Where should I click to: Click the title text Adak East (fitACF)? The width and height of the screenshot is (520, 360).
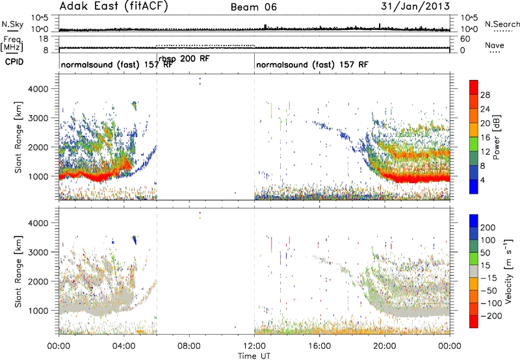(x=114, y=6)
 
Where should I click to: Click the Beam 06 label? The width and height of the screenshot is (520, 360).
(x=253, y=7)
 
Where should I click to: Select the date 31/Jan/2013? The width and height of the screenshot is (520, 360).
(x=415, y=6)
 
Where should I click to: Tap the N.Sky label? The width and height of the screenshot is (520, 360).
(x=12, y=24)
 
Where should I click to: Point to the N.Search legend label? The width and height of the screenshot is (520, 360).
(x=502, y=24)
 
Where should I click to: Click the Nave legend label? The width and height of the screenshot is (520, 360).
(x=495, y=45)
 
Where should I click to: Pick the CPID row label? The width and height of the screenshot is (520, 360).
(x=14, y=62)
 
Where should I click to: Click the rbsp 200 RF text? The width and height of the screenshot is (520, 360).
(x=184, y=58)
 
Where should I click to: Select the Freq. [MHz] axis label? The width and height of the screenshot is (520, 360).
(x=12, y=44)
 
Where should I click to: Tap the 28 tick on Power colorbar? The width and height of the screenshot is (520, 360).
(x=485, y=95)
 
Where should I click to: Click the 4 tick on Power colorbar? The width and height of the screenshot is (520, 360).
(x=482, y=180)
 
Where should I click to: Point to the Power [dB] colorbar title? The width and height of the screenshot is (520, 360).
(x=496, y=137)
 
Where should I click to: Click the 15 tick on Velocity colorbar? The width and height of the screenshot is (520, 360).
(x=485, y=265)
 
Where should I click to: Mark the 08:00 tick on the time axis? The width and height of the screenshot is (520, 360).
(x=189, y=346)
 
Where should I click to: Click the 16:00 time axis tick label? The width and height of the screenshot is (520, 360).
(x=319, y=346)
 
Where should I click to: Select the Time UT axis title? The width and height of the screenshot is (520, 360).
(x=254, y=355)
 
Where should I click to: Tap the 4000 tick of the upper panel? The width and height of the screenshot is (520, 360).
(x=39, y=89)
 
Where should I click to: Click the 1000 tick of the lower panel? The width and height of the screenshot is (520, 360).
(x=39, y=311)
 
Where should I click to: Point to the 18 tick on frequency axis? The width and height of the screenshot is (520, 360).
(x=44, y=39)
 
